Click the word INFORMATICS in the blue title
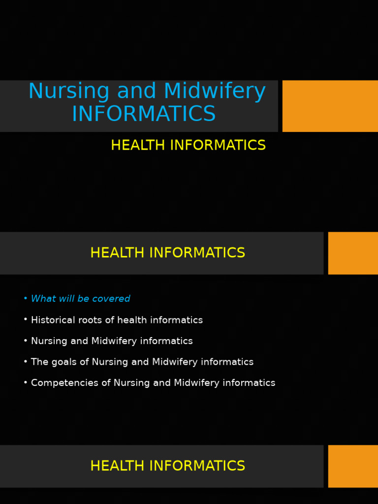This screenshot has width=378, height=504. [x=144, y=114]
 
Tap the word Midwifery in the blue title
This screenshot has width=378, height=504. [x=215, y=92]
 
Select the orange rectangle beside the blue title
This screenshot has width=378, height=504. [x=330, y=106]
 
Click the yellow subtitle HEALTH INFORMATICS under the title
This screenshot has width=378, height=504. [x=188, y=146]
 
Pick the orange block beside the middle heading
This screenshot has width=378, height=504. [x=353, y=253]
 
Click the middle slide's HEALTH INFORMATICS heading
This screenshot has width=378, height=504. [x=167, y=253]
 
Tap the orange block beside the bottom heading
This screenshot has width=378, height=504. [x=353, y=466]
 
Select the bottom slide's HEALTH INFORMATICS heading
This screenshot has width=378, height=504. [x=167, y=466]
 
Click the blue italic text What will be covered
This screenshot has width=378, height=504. [x=80, y=299]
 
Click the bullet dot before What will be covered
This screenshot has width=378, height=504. [x=25, y=299]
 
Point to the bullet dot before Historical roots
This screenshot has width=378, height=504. [x=25, y=320]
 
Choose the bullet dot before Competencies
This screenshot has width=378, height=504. [x=25, y=382]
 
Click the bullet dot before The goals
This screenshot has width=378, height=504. [x=25, y=362]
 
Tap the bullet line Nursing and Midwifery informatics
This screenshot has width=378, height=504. [x=112, y=341]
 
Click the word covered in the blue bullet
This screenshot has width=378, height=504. [x=114, y=299]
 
